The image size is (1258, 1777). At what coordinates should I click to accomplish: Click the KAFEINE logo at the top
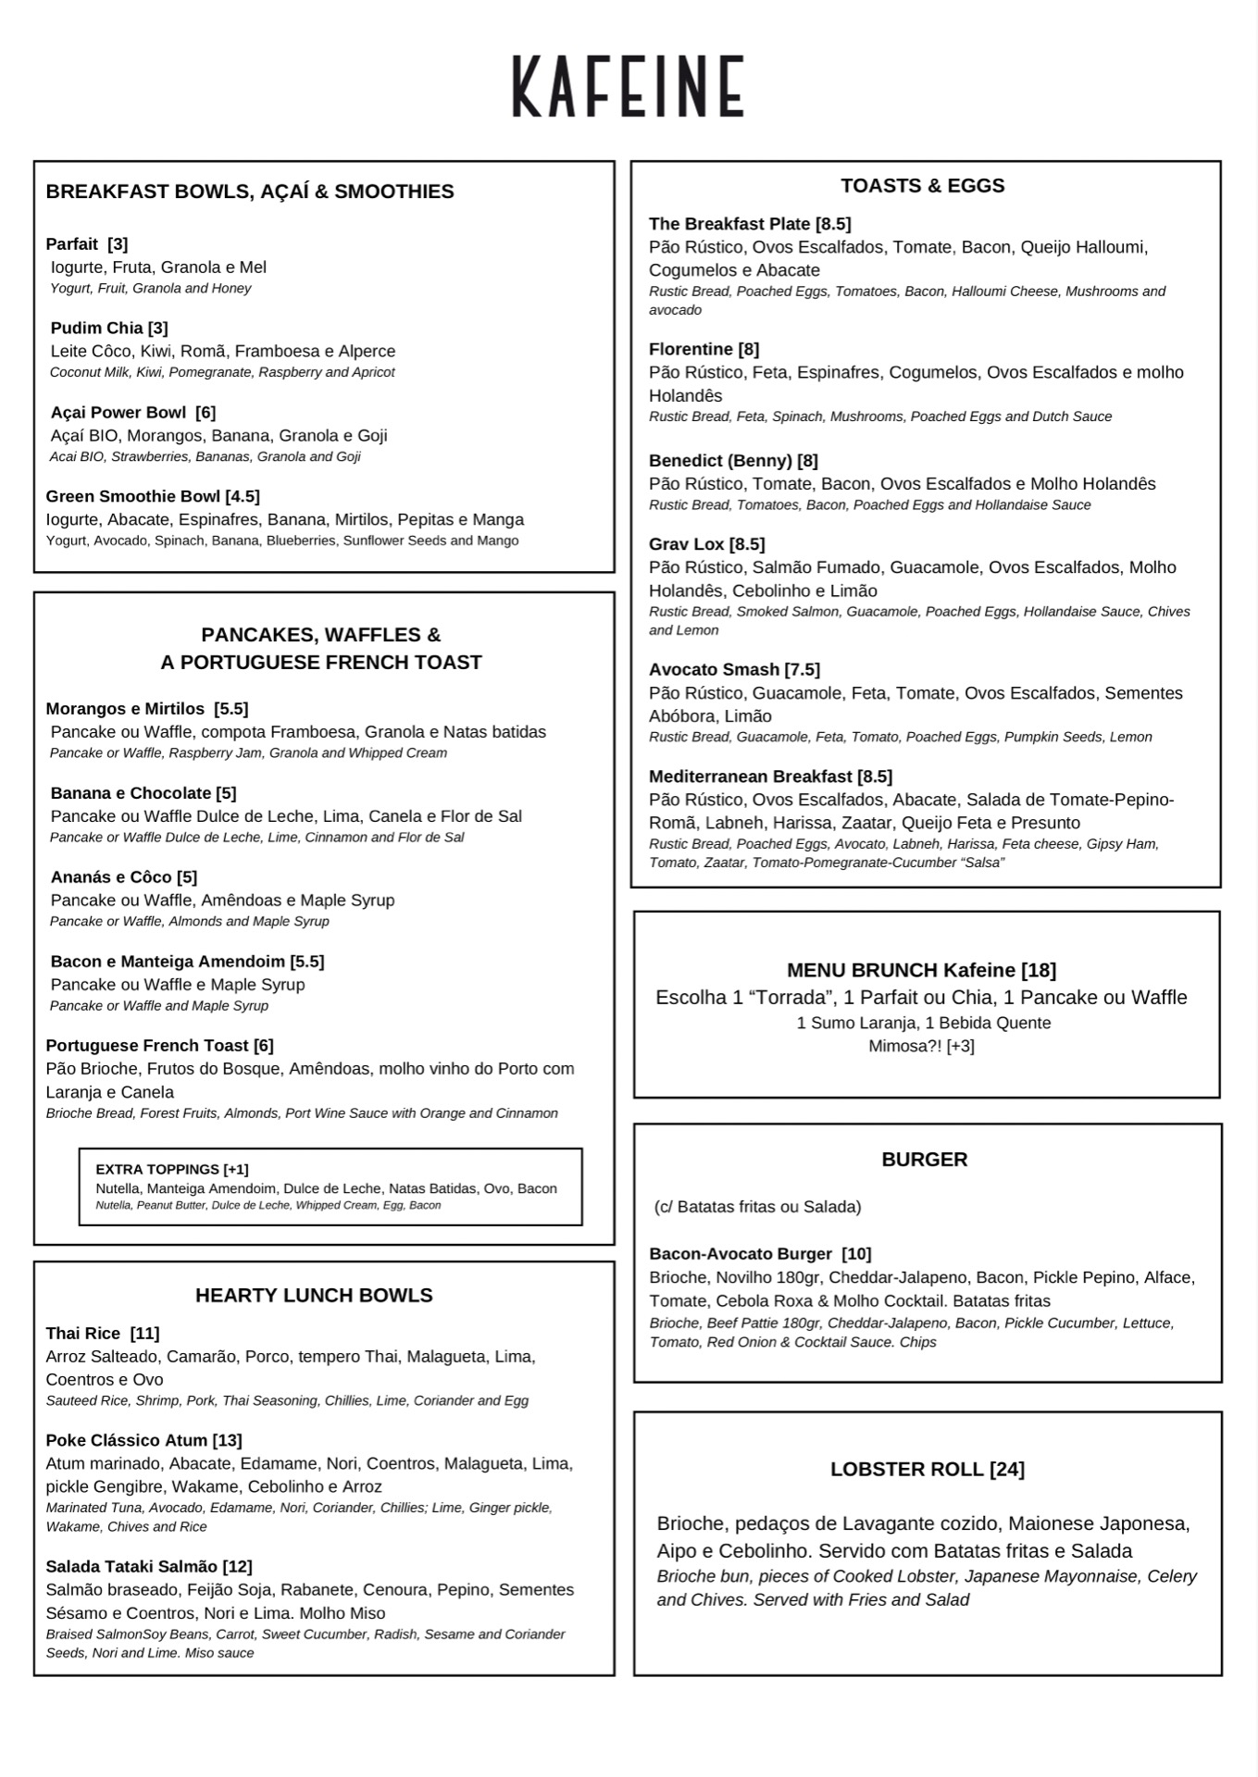point(629,86)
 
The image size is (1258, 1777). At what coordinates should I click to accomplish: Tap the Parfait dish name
point(72,244)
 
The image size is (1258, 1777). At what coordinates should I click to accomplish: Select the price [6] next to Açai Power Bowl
point(206,413)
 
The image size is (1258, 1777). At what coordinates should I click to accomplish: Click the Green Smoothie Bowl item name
point(133,497)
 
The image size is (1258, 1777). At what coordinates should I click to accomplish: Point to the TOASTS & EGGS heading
point(922,186)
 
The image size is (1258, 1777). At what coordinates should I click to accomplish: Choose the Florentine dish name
point(691,350)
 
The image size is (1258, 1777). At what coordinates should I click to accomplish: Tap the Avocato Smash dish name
point(714,670)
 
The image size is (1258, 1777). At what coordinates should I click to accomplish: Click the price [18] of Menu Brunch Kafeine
point(1039,971)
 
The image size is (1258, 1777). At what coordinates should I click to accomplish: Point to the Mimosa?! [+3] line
point(921,1047)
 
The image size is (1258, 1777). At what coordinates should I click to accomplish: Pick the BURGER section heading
point(924,1160)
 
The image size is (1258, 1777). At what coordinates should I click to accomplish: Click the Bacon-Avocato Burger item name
point(741,1254)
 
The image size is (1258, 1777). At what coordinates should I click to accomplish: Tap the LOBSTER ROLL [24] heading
point(927,1470)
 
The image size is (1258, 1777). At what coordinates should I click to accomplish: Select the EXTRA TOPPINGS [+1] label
point(172,1170)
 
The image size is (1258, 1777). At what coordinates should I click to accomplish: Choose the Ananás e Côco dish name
point(111,877)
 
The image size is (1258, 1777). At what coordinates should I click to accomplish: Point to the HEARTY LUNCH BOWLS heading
point(314,1296)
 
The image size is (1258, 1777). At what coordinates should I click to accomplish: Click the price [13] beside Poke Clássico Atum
point(227,1441)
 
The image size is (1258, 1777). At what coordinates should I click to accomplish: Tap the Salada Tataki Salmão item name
point(131,1567)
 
